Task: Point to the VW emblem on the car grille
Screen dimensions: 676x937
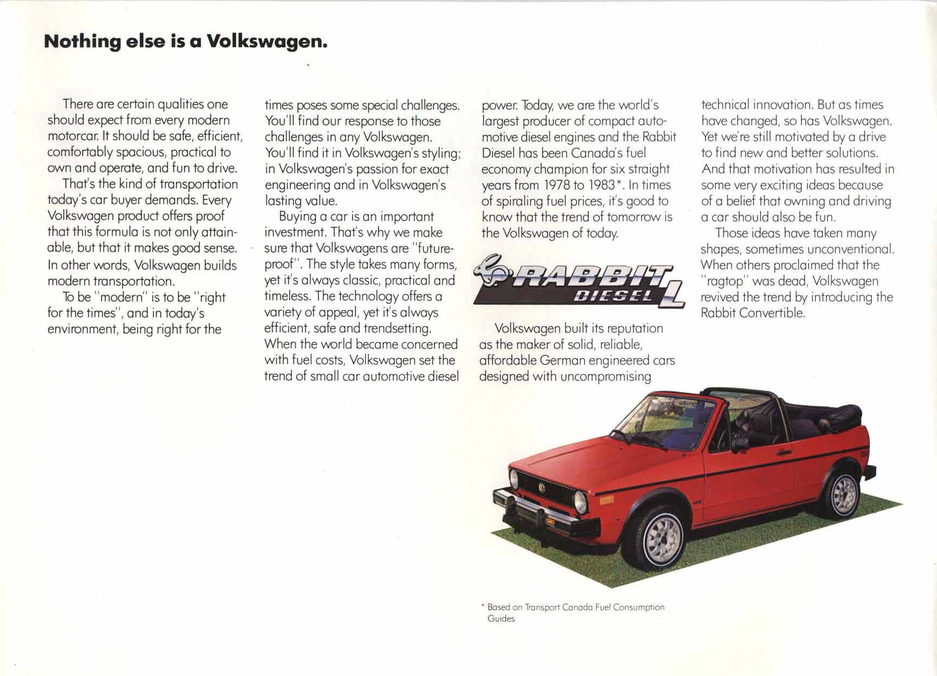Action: tap(541, 488)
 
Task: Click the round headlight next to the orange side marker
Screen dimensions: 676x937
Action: tap(581, 502)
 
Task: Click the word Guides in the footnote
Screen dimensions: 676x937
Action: tap(501, 618)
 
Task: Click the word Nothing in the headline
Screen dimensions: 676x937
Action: tap(82, 41)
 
